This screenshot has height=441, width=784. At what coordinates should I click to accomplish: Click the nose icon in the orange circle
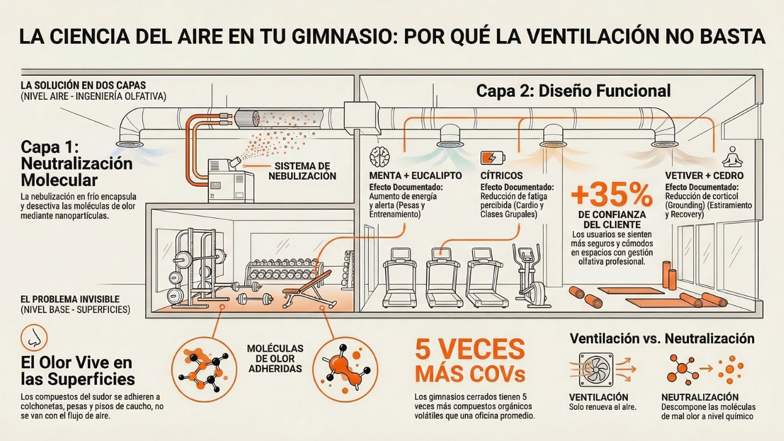(x=33, y=337)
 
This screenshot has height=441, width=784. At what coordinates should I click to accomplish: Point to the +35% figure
(x=611, y=195)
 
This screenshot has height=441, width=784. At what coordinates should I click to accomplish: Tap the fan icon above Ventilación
(x=595, y=369)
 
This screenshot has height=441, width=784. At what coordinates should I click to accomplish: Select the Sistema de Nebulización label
(x=302, y=171)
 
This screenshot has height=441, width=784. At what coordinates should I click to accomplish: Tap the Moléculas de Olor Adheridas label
(x=275, y=358)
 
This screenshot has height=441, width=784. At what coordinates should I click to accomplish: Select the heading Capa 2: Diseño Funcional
(x=573, y=91)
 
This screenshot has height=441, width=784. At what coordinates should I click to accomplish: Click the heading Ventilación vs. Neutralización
(x=662, y=338)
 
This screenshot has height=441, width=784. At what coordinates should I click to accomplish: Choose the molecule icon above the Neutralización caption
(x=684, y=369)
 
